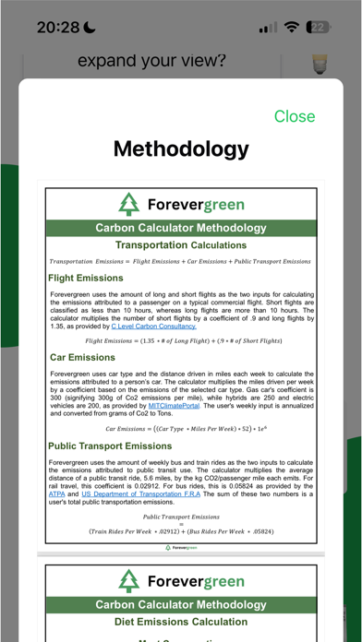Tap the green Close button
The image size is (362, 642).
pos(295,116)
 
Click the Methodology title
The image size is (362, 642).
pos(181,149)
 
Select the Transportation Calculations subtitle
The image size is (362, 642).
pos(180,245)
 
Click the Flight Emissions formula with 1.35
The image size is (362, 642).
pos(181,340)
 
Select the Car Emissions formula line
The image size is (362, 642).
pos(181,429)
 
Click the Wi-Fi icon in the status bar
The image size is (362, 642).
pos(293,28)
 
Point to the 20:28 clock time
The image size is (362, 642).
pos(57,28)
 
